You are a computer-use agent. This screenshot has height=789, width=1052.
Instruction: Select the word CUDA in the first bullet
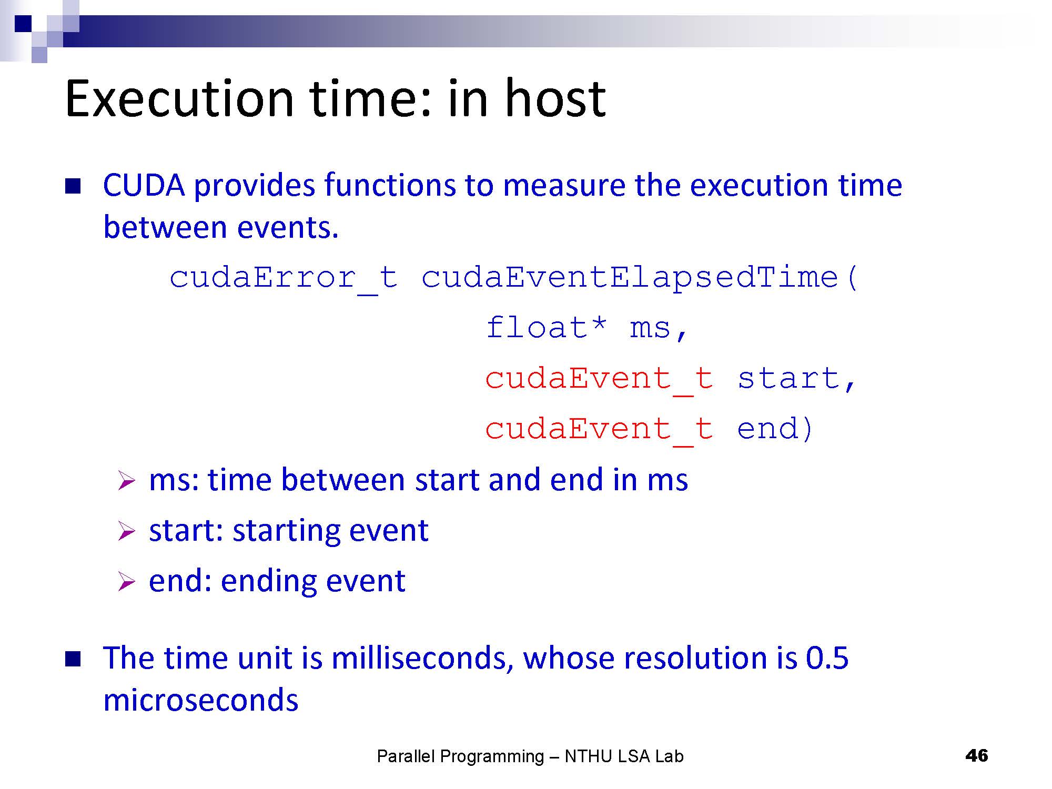tap(144, 185)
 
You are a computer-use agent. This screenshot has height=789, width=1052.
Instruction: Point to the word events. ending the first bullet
tap(288, 228)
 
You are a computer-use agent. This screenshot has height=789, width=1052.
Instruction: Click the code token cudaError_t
tap(283, 277)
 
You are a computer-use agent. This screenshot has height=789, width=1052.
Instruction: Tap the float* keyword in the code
tap(547, 327)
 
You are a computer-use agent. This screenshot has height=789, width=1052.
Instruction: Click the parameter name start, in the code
tap(797, 379)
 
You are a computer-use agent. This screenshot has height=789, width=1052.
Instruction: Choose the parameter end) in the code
tap(775, 429)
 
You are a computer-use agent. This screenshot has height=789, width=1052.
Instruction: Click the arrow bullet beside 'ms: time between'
tap(127, 481)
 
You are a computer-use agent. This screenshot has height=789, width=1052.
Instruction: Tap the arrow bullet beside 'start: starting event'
tap(127, 531)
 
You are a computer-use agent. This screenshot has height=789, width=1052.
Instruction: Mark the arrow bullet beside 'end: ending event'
tap(127, 582)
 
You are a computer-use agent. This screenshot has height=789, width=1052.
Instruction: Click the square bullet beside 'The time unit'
tap(73, 659)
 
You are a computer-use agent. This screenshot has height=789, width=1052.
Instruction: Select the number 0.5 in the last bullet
tap(827, 658)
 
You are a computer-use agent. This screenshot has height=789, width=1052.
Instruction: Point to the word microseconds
tap(201, 701)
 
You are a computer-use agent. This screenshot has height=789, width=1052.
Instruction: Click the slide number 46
tap(977, 756)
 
